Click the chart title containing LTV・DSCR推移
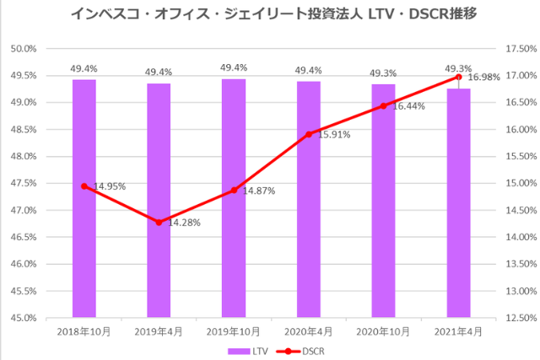(270, 14)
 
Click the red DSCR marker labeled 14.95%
(84, 185)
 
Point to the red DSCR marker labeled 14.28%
(159, 222)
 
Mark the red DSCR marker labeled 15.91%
(309, 134)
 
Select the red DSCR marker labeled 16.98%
(458, 77)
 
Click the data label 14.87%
(257, 191)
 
